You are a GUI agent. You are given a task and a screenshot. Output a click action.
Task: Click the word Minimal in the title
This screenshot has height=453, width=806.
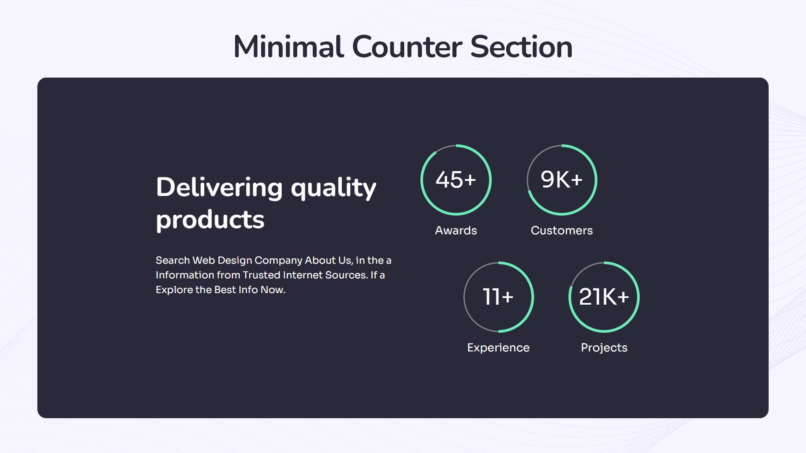[288, 47]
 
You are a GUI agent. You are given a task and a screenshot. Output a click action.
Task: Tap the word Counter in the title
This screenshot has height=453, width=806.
[407, 47]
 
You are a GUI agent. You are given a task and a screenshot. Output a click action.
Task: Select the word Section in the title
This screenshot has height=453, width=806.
[521, 47]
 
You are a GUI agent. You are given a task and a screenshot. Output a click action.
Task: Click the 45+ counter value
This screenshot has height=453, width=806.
[456, 180]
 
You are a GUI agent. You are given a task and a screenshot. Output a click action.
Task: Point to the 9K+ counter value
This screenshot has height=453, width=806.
[562, 180]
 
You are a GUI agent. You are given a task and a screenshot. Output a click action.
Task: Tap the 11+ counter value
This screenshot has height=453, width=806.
[498, 297]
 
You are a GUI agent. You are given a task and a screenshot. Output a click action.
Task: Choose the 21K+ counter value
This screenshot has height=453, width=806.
[604, 297]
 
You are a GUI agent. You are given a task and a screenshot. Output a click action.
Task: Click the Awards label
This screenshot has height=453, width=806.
[456, 230]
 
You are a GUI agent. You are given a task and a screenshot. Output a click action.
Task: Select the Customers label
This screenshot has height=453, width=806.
[562, 230]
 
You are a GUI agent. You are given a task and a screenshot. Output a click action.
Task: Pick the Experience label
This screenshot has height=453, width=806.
[498, 348]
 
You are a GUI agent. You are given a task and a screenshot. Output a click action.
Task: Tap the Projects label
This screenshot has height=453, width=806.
[604, 348]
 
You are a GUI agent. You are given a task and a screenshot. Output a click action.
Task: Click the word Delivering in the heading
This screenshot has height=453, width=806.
[219, 187]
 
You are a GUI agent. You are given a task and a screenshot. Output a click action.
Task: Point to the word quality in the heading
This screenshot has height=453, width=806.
[333, 188]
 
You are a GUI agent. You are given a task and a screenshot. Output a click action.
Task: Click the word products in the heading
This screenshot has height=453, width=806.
[210, 220]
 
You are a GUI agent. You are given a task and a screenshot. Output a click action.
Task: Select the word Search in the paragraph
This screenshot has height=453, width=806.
[173, 260]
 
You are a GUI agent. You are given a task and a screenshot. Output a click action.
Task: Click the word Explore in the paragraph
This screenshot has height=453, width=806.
[174, 290]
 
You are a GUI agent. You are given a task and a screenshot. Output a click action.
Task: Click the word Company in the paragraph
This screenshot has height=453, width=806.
[278, 260]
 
